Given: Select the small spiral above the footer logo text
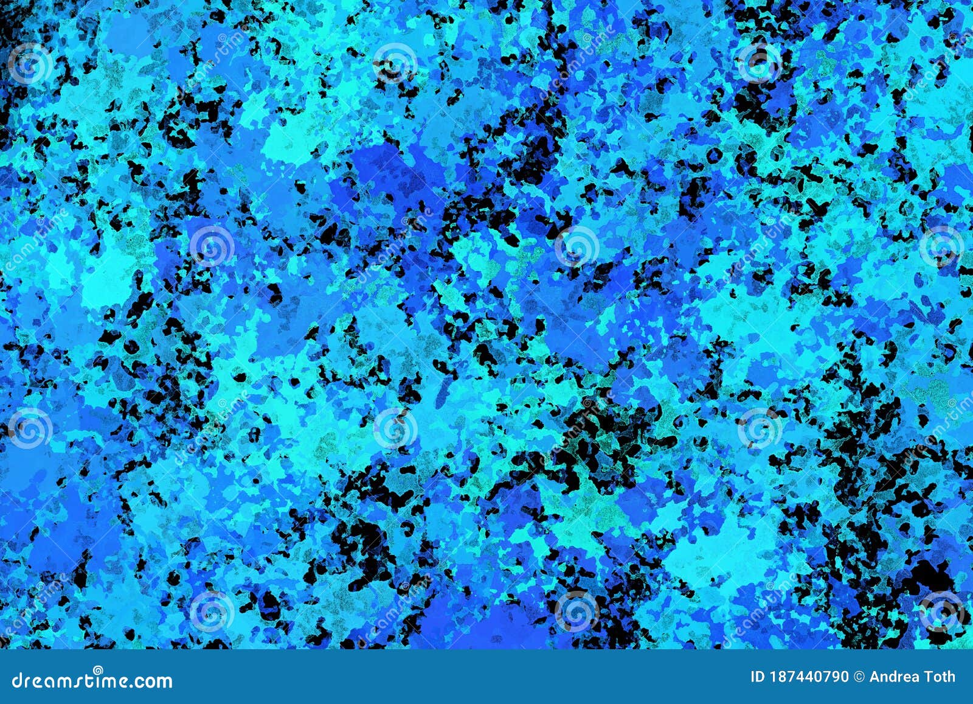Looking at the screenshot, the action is [x=97, y=670].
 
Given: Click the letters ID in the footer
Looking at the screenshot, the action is [x=758, y=677].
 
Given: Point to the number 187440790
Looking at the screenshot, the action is [x=809, y=677].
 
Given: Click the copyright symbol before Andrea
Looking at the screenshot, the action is [x=859, y=677].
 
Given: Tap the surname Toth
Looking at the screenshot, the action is [x=941, y=677].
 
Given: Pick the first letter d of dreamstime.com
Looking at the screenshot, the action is [x=17, y=680].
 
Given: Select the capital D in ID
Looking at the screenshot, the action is [x=760, y=677].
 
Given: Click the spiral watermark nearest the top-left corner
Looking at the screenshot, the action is [x=29, y=63].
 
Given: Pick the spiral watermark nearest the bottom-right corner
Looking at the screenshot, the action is [x=941, y=610].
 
